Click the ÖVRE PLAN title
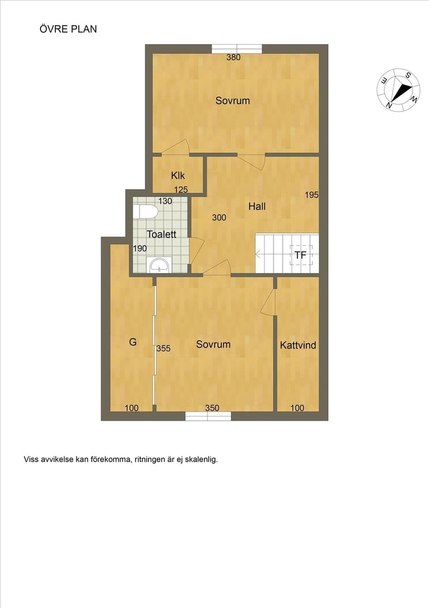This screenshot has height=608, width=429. (68, 29)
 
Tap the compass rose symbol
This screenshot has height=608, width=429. (398, 90)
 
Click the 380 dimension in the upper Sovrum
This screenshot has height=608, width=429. (233, 57)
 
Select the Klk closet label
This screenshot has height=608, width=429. (178, 176)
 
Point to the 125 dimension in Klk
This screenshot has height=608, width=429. (181, 190)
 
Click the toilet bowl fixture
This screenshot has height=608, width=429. (145, 211)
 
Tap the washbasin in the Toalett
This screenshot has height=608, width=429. (159, 265)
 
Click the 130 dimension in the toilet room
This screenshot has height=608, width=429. (165, 201)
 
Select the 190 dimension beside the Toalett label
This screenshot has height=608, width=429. (140, 248)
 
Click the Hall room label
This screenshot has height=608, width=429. (257, 206)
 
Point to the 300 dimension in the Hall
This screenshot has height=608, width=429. (219, 217)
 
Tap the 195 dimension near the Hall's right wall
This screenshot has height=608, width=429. (312, 195)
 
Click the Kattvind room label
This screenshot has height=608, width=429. (298, 345)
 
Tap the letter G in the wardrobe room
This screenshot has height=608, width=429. (133, 342)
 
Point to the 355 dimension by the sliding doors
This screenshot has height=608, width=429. (163, 348)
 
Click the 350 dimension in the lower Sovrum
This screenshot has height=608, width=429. (212, 408)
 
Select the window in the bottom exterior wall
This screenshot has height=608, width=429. (208, 416)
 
